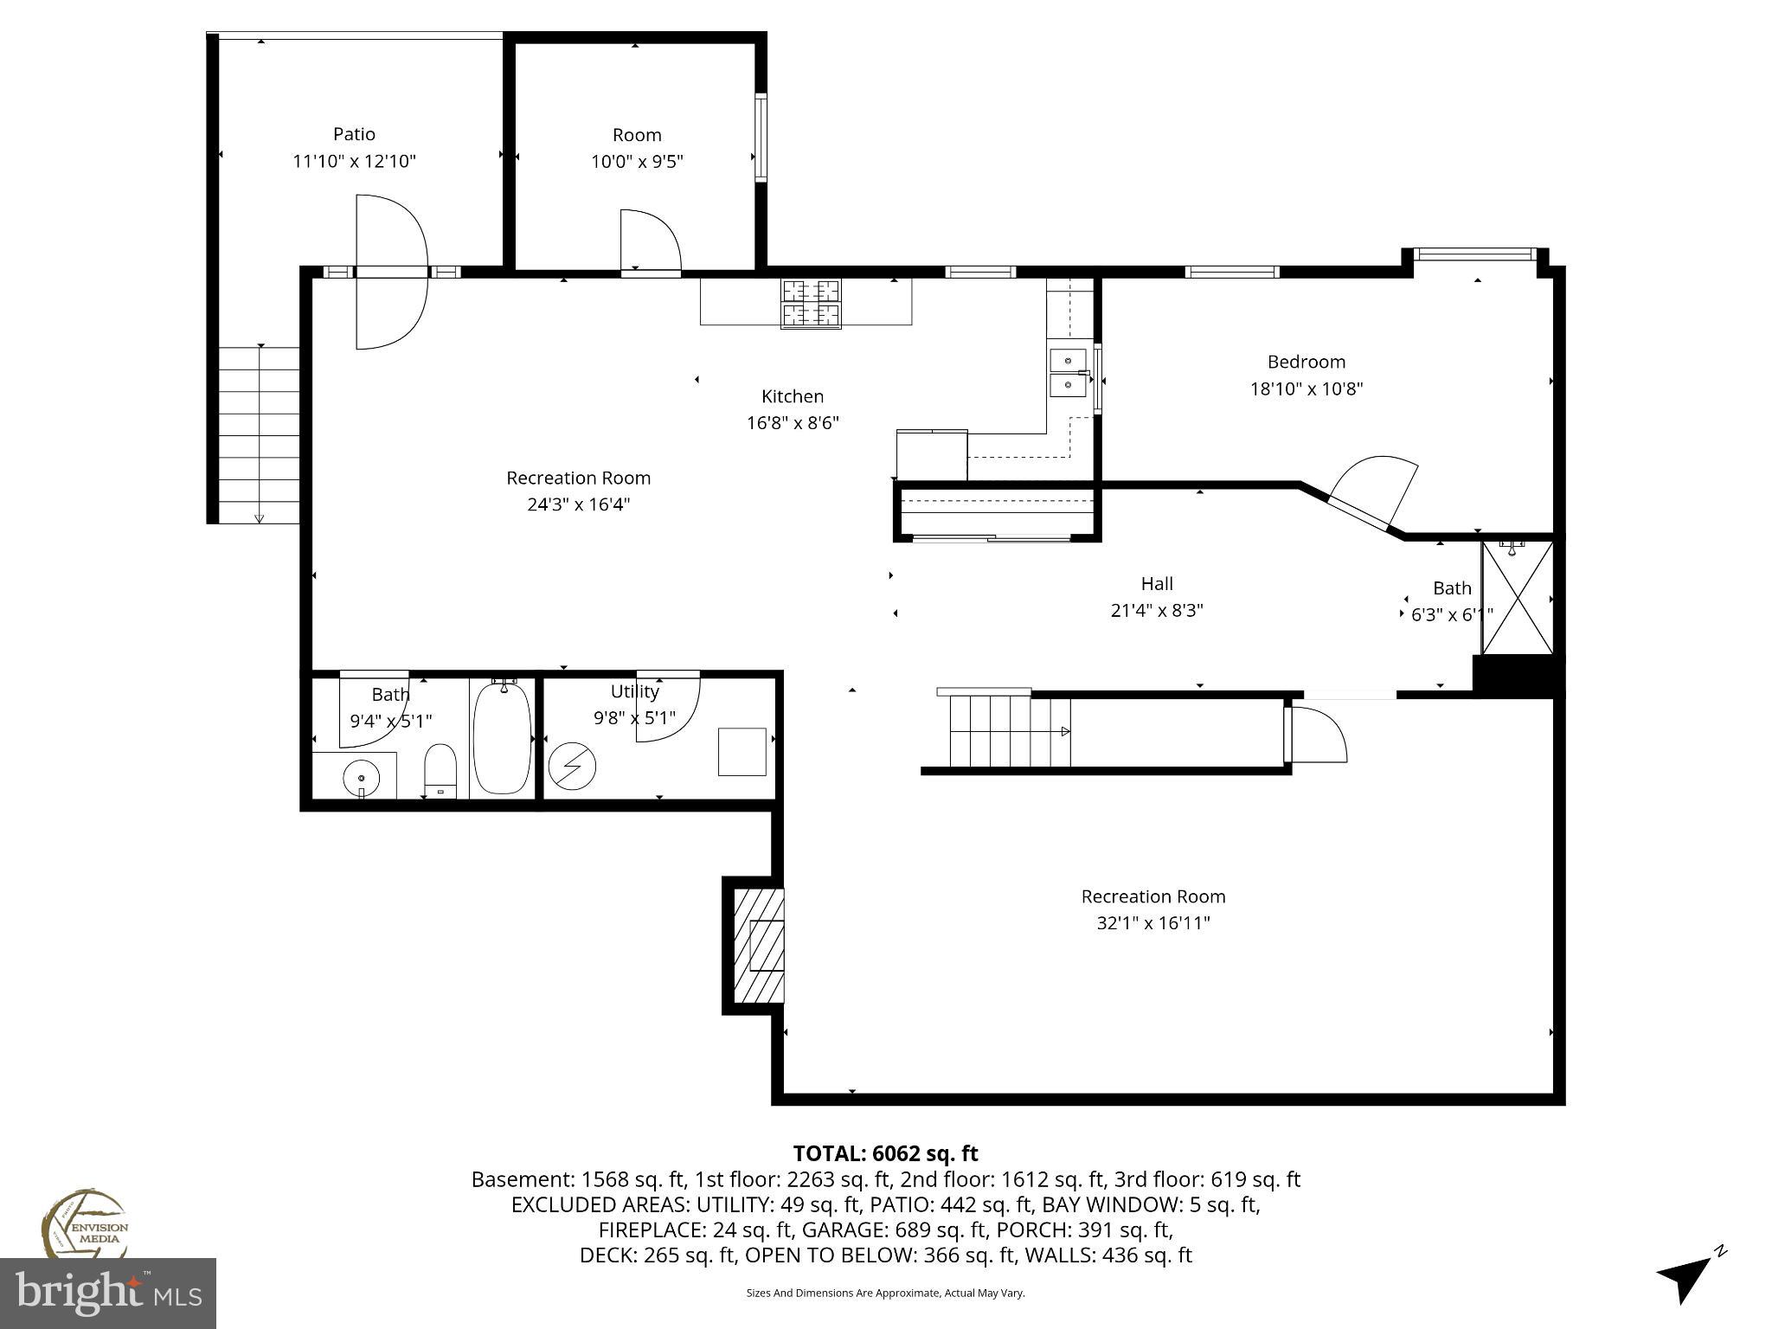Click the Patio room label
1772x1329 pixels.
coord(354,134)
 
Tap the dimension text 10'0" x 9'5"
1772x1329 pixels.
coord(638,162)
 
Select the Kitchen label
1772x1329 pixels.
coord(792,396)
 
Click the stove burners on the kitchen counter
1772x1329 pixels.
coord(811,304)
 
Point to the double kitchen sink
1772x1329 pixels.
coord(1069,372)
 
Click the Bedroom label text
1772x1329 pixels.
coord(1306,362)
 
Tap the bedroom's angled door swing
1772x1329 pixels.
coord(1376,491)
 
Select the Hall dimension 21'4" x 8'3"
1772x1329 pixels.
coord(1157,611)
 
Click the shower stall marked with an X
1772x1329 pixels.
coord(1517,598)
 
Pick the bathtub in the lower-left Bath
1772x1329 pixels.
coord(502,736)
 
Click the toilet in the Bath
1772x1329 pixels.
coord(440,769)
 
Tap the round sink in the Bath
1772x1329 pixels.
coord(361,779)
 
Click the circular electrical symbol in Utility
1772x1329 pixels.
coord(572,766)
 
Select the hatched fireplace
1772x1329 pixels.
coord(759,945)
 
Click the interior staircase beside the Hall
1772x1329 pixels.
coord(1008,731)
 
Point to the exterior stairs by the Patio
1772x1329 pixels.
coord(259,434)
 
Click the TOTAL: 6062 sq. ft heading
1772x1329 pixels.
coord(885,1153)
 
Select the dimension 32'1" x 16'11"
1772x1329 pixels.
coord(1152,923)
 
